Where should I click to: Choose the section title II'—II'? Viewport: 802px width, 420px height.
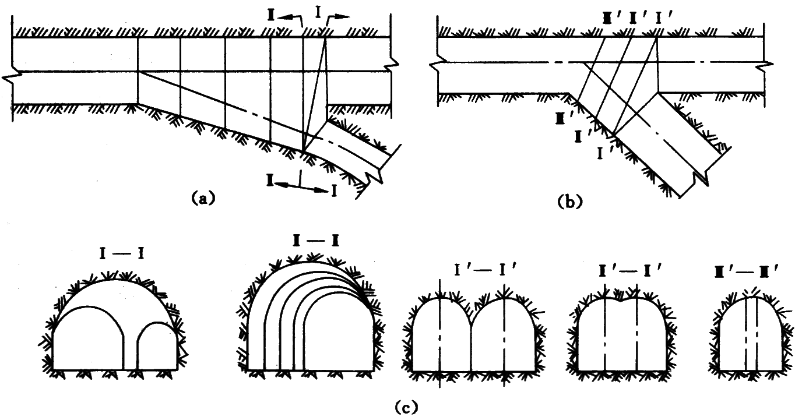tap(621, 270)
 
